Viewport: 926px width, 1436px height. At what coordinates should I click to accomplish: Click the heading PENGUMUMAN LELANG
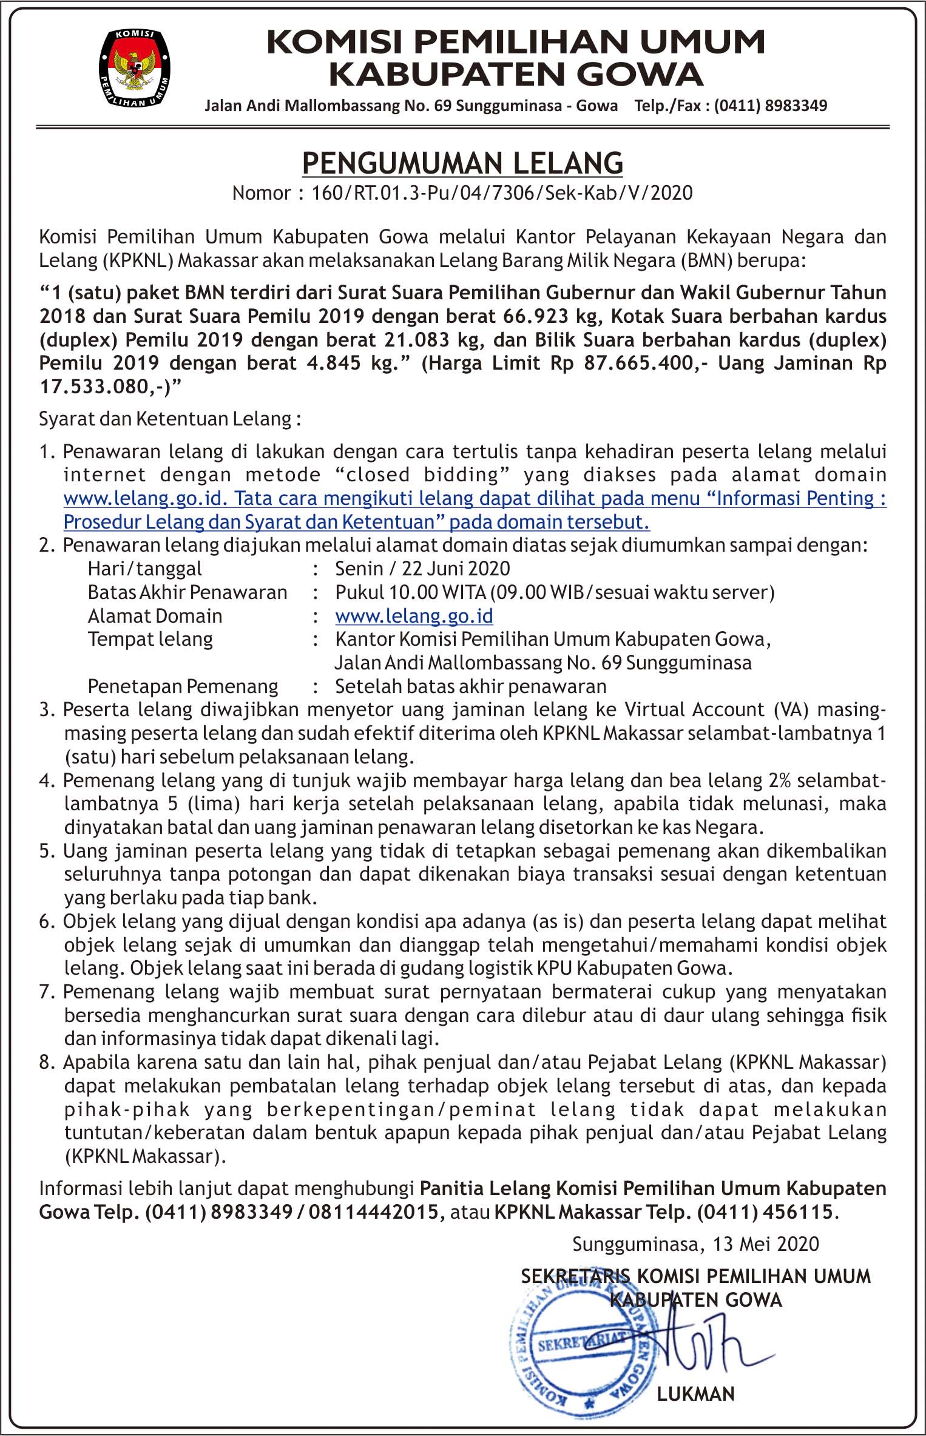pos(462,163)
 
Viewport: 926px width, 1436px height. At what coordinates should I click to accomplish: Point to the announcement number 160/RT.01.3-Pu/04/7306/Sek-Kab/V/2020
pos(502,193)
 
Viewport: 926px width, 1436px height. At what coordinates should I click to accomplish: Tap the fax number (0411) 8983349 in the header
pos(771,106)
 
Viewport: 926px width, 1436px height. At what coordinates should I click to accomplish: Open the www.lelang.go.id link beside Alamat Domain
pos(414,616)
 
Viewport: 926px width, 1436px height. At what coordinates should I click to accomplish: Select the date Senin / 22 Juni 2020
pos(422,569)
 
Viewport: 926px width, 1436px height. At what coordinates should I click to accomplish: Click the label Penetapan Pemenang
pos(183,686)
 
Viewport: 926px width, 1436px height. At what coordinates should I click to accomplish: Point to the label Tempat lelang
pos(150,639)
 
